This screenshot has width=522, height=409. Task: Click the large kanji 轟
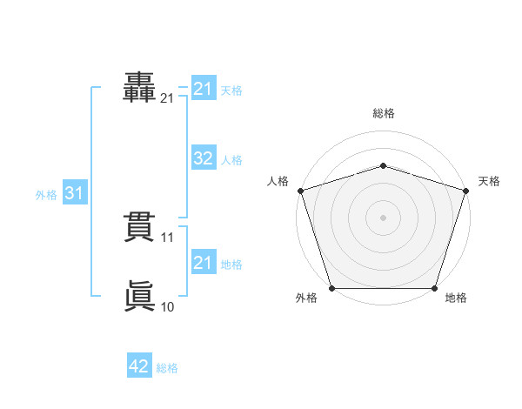[139, 87]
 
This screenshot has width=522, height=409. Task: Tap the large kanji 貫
[139, 227]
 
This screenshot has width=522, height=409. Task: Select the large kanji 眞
[140, 295]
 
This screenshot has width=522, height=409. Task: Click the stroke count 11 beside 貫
[167, 238]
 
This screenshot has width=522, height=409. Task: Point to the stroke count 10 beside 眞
[167, 306]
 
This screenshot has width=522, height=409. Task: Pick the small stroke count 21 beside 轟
[166, 98]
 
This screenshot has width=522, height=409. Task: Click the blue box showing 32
[204, 158]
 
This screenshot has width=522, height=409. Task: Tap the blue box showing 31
[75, 191]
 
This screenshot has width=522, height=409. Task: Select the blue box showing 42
[139, 365]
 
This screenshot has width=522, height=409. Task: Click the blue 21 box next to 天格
[204, 88]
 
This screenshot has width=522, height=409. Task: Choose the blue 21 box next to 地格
[204, 261]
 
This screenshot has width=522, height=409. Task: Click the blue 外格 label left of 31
[46, 195]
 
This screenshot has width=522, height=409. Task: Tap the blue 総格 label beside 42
[167, 368]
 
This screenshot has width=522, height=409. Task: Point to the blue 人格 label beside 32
[231, 160]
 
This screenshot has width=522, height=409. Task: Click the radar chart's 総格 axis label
[384, 113]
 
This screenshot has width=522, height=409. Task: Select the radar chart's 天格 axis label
[489, 181]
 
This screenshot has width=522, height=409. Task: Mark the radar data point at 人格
[301, 191]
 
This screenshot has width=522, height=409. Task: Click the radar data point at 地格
[434, 288]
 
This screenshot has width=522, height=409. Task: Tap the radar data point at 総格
[383, 165]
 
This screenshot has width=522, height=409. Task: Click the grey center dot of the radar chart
[383, 218]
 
